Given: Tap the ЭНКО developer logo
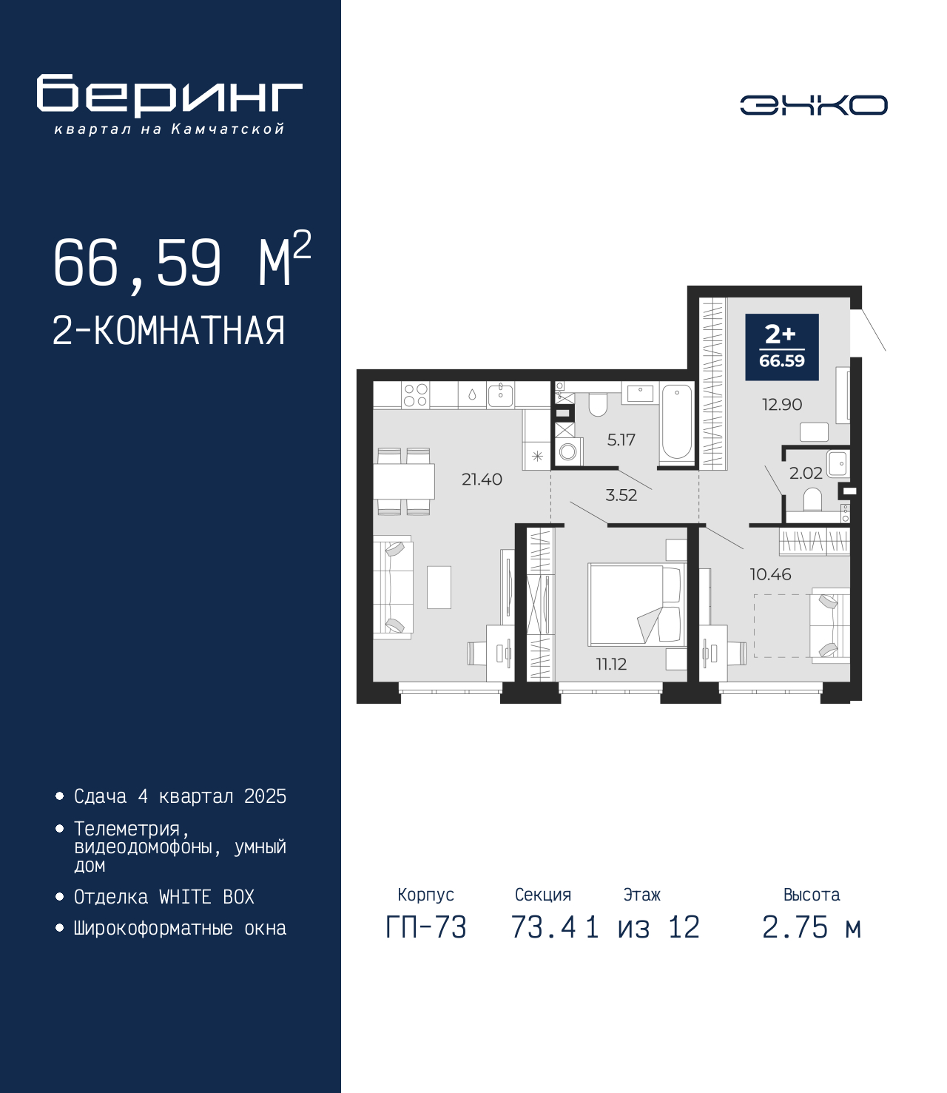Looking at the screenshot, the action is (x=813, y=104).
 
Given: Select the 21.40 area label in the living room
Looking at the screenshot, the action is (x=482, y=479).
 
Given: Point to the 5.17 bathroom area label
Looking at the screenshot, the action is (x=621, y=440).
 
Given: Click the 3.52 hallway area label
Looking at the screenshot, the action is (x=621, y=495).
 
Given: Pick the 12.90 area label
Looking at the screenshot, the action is (x=782, y=405).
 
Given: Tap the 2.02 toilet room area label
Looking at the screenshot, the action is (x=806, y=473).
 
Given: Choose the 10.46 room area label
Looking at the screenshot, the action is (x=770, y=574).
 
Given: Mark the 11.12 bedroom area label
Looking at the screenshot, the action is (x=611, y=664).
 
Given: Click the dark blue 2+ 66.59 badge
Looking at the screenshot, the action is (x=782, y=347).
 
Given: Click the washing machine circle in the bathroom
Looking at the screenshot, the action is (x=568, y=451).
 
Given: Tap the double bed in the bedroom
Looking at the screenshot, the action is (x=636, y=605).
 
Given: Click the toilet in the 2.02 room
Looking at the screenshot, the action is (x=812, y=499).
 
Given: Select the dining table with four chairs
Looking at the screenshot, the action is (x=404, y=481).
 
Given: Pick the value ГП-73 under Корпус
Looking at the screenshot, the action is (x=425, y=927).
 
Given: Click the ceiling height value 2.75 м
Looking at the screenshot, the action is (x=811, y=927).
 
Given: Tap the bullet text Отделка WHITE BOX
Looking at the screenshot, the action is (x=164, y=898).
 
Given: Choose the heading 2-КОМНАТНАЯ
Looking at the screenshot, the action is (x=169, y=331).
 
